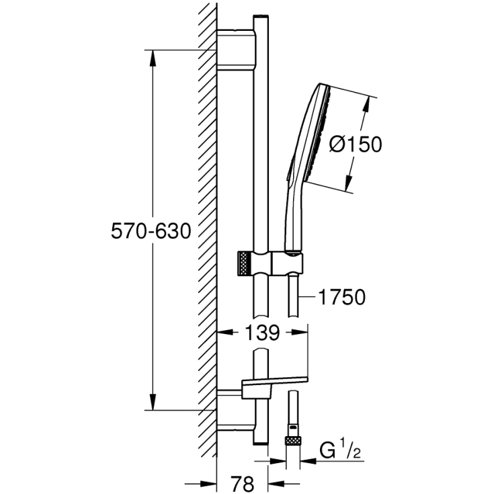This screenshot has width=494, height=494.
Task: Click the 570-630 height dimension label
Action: click(x=151, y=231)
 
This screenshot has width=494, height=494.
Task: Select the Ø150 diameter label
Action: click(x=356, y=144)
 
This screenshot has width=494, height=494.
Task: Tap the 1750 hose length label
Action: click(x=343, y=296)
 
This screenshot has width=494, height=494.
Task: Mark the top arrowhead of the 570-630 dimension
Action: click(x=153, y=58)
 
